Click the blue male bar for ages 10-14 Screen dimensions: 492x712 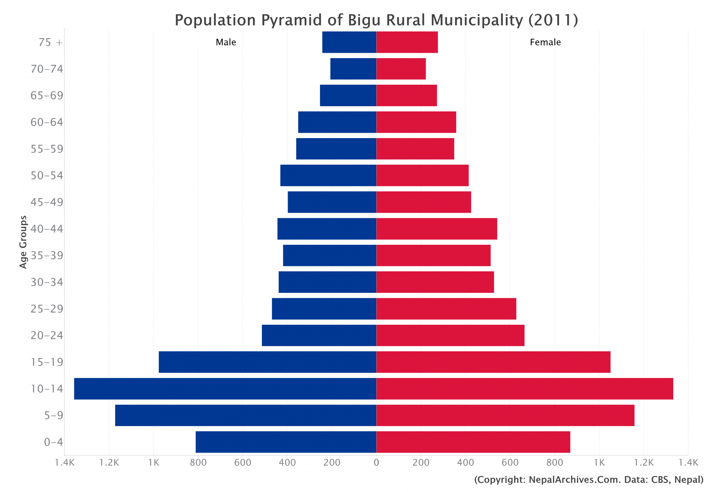[x=225, y=389]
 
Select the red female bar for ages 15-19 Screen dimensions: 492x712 [x=493, y=362]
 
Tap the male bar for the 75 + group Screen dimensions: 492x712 [x=349, y=42]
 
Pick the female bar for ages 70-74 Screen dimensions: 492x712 [x=401, y=69]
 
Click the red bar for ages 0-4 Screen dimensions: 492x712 [x=473, y=442]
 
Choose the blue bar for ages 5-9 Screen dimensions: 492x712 [x=245, y=416]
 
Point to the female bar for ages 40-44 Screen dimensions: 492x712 [x=437, y=229]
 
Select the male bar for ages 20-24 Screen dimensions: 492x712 [x=319, y=336]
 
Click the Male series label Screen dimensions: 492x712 [x=226, y=42]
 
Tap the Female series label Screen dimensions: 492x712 [x=545, y=42]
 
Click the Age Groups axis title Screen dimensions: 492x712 [x=23, y=242]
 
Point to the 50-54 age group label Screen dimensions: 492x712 [x=47, y=175]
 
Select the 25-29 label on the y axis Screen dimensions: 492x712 [x=47, y=309]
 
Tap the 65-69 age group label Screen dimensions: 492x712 [x=47, y=95]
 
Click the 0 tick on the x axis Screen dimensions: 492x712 [x=376, y=463]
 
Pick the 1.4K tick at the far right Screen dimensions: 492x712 [x=688, y=463]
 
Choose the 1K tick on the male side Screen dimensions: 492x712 [x=154, y=463]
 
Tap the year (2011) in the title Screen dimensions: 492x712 [x=553, y=20]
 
